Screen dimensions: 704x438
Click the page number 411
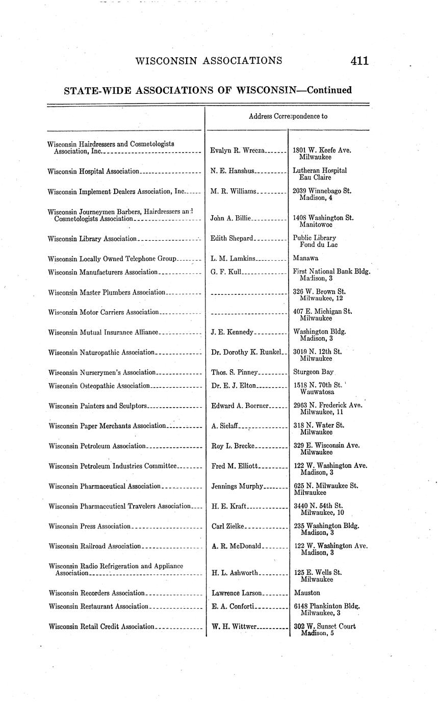[359, 61]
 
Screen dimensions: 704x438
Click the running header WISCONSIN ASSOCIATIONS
[209, 61]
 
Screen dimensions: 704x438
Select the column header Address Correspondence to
[288, 116]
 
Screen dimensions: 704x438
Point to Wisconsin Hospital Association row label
[93, 171]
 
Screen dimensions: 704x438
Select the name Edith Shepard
[232, 238]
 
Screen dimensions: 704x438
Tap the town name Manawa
[305, 258]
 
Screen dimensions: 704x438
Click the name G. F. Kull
[226, 272]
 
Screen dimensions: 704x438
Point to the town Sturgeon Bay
[313, 372]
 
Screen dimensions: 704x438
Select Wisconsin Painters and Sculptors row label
[97, 406]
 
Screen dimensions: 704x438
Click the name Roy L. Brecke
[233, 446]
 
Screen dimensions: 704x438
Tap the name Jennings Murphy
[237, 486]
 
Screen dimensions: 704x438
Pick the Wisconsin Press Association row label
[90, 526]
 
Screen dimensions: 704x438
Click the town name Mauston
[307, 593]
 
